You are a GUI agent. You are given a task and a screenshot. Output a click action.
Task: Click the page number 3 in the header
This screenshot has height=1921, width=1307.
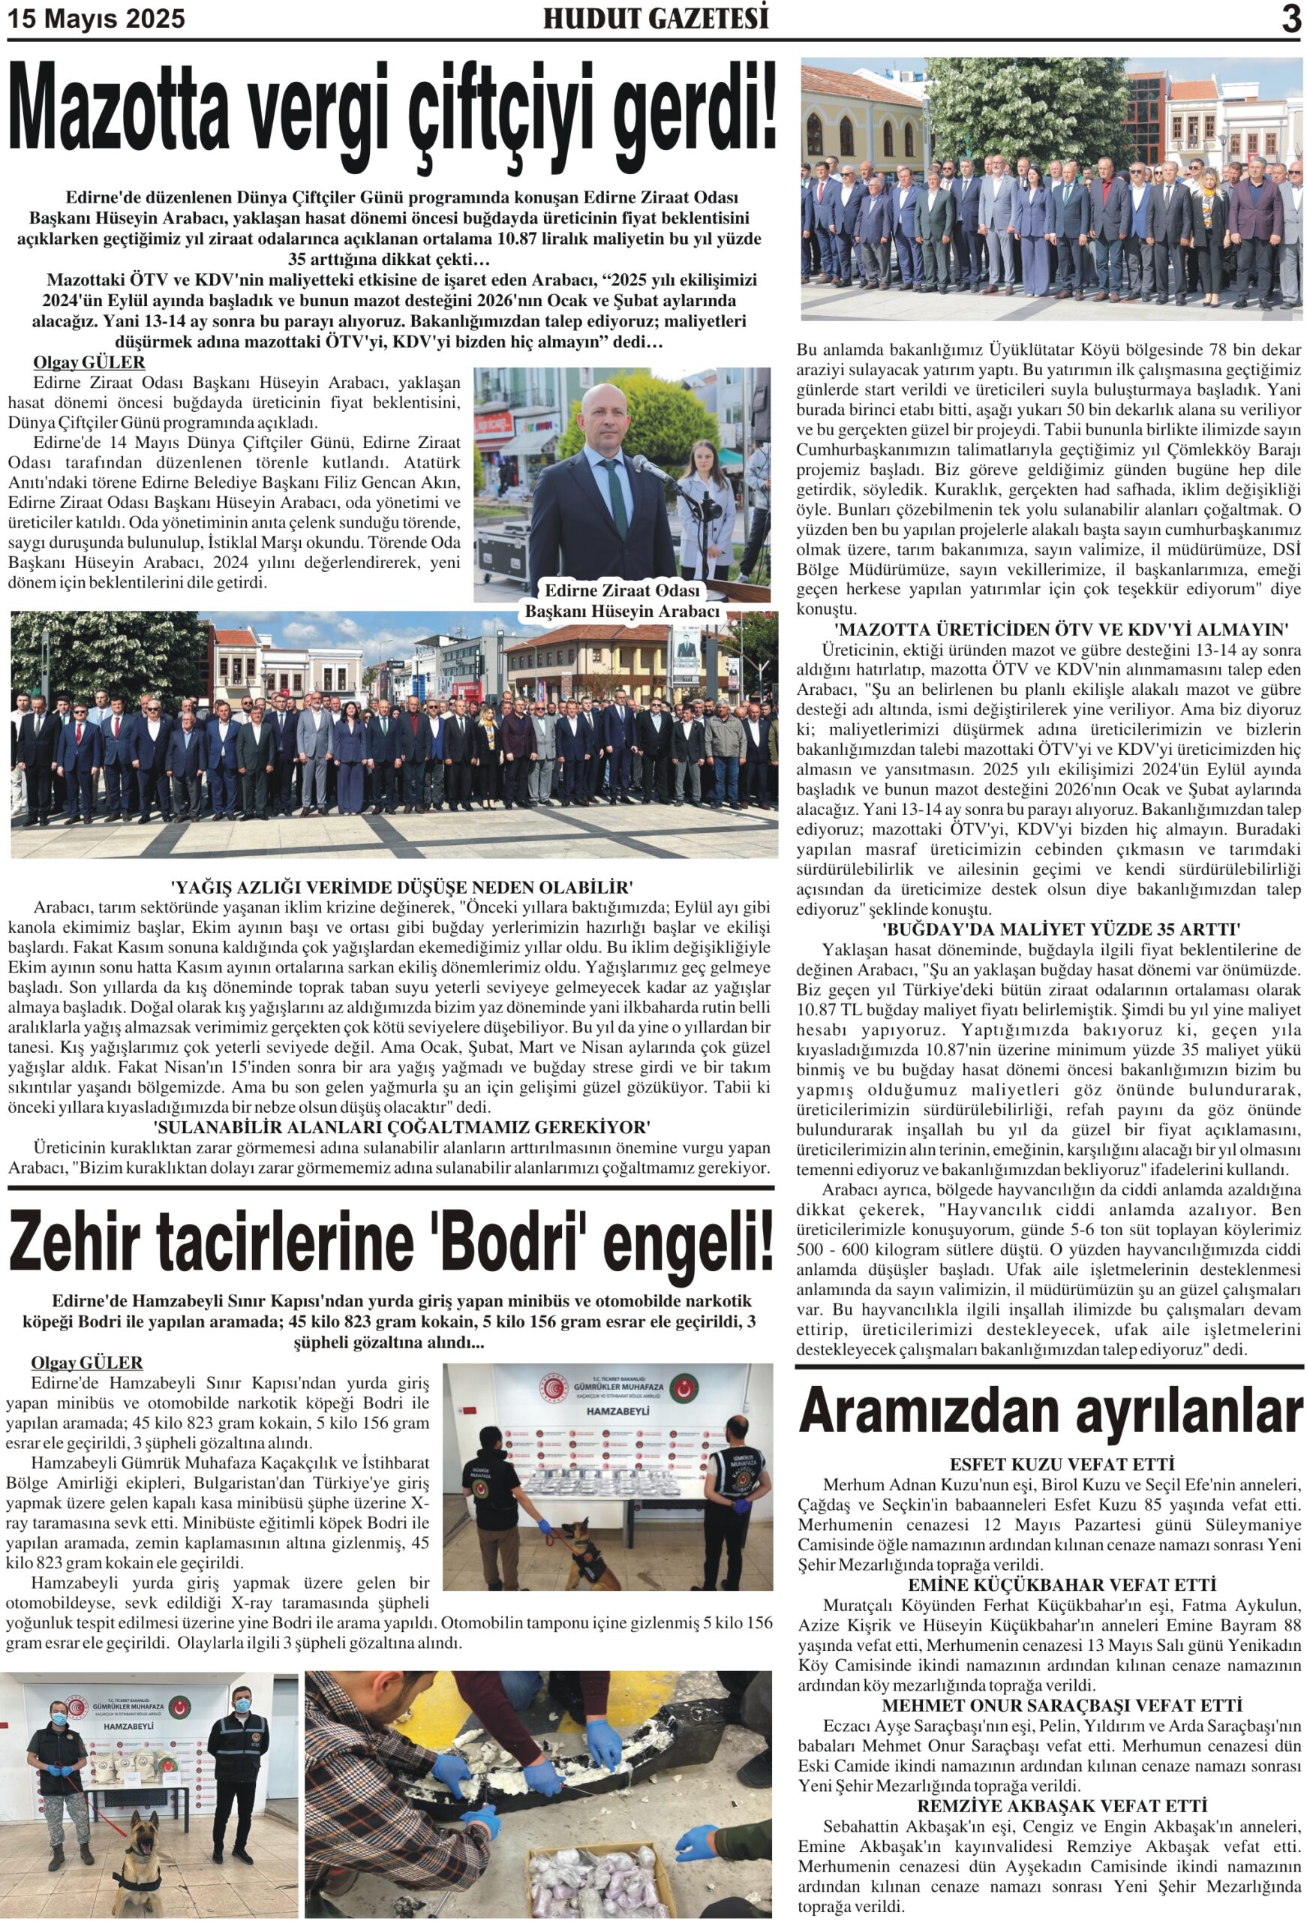[x=1290, y=19]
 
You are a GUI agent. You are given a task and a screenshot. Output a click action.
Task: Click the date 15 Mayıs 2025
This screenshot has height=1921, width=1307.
[x=97, y=19]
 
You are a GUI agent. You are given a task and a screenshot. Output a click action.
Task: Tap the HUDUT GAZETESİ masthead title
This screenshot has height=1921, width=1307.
[x=655, y=19]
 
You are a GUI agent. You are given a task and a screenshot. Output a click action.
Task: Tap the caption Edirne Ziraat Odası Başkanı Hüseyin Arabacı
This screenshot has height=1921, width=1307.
[x=622, y=602]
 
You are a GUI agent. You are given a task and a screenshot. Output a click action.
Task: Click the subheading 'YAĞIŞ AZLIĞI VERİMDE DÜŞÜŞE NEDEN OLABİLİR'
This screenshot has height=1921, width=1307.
[x=401, y=888]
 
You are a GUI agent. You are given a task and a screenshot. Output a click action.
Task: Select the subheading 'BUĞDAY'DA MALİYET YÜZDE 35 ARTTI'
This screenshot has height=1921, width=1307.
[x=1049, y=929]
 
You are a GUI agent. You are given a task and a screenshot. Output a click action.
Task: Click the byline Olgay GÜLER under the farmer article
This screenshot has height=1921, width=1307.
[x=89, y=362]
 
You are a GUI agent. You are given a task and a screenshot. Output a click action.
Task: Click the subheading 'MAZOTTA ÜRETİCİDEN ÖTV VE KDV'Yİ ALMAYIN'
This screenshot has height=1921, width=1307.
[x=1049, y=630]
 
